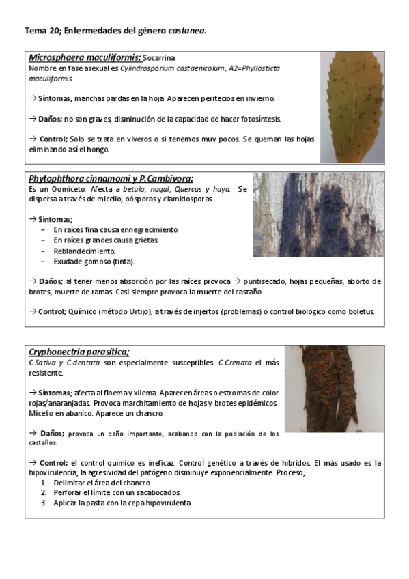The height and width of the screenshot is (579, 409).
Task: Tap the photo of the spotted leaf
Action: click(x=352, y=106)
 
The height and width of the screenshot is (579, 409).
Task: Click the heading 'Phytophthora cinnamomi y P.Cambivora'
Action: click(x=111, y=179)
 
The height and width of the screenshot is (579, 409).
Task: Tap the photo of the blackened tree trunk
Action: click(x=318, y=214)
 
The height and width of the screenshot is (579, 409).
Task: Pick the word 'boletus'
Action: click(x=361, y=311)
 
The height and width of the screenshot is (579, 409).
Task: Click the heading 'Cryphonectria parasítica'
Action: click(x=79, y=352)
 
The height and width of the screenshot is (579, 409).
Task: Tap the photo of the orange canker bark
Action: click(x=333, y=389)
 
